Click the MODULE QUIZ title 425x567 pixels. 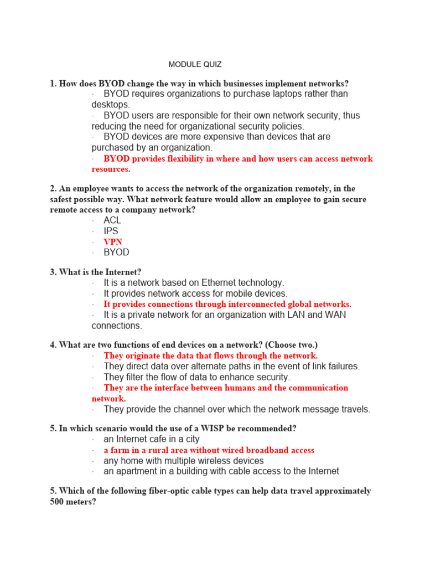click(195, 65)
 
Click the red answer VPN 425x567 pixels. click(113, 242)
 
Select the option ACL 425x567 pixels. click(112, 220)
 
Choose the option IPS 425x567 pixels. click(111, 231)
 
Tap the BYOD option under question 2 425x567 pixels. click(116, 252)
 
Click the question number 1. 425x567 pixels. click(53, 84)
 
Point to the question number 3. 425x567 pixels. click(53, 272)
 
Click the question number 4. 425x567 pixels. click(53, 345)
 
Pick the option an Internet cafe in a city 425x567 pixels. click(152, 439)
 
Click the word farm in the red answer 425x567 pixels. click(120, 450)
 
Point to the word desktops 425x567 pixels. click(110, 105)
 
